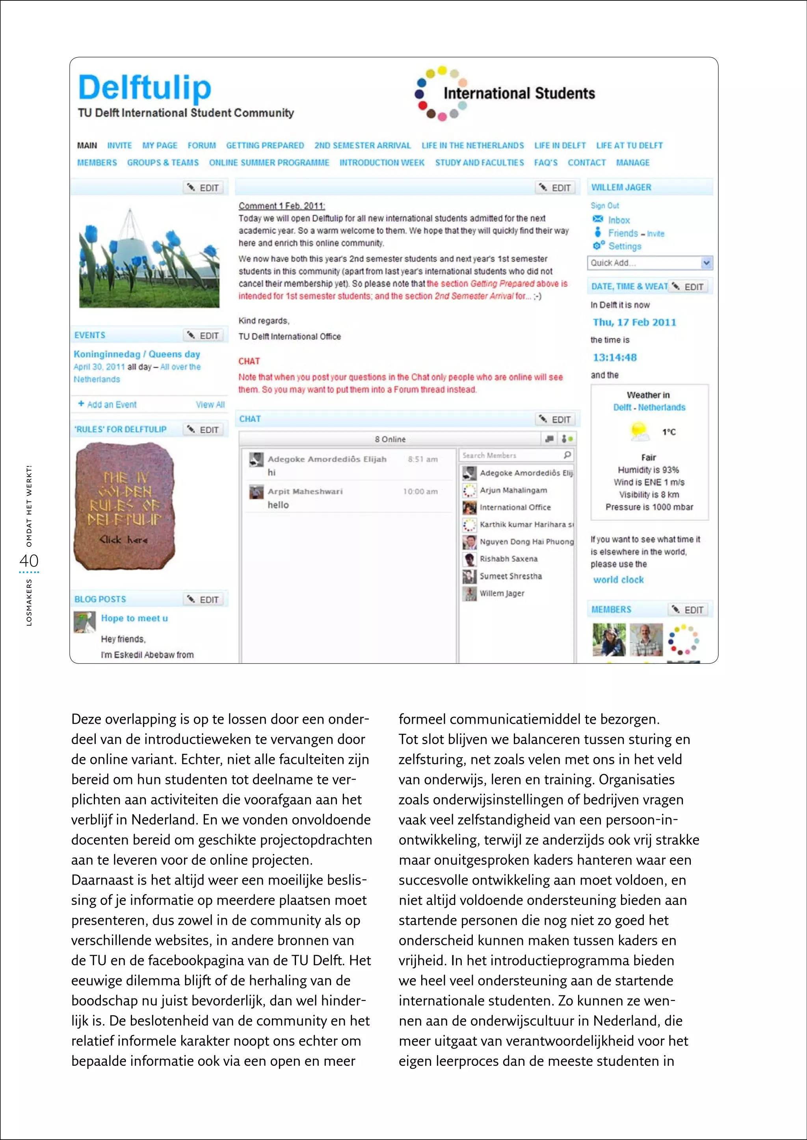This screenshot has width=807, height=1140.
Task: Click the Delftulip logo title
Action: [145, 88]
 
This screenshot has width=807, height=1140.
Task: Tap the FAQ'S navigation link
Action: [546, 162]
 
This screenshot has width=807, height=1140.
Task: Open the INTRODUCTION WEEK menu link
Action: [382, 162]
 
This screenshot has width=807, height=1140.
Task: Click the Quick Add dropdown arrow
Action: [706, 263]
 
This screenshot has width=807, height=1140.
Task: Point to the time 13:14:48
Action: [615, 358]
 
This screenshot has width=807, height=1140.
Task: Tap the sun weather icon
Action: [639, 431]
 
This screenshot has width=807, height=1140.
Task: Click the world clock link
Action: [618, 580]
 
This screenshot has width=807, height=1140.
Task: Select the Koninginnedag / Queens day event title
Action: [137, 354]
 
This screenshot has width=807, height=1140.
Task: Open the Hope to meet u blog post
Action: [134, 618]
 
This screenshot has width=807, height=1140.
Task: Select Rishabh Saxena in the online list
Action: [508, 559]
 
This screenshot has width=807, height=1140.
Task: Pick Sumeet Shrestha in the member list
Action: [510, 576]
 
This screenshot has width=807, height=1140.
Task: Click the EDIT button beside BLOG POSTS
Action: [204, 600]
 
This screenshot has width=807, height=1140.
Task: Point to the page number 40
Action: [29, 561]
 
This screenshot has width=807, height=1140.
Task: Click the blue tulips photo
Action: [149, 257]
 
